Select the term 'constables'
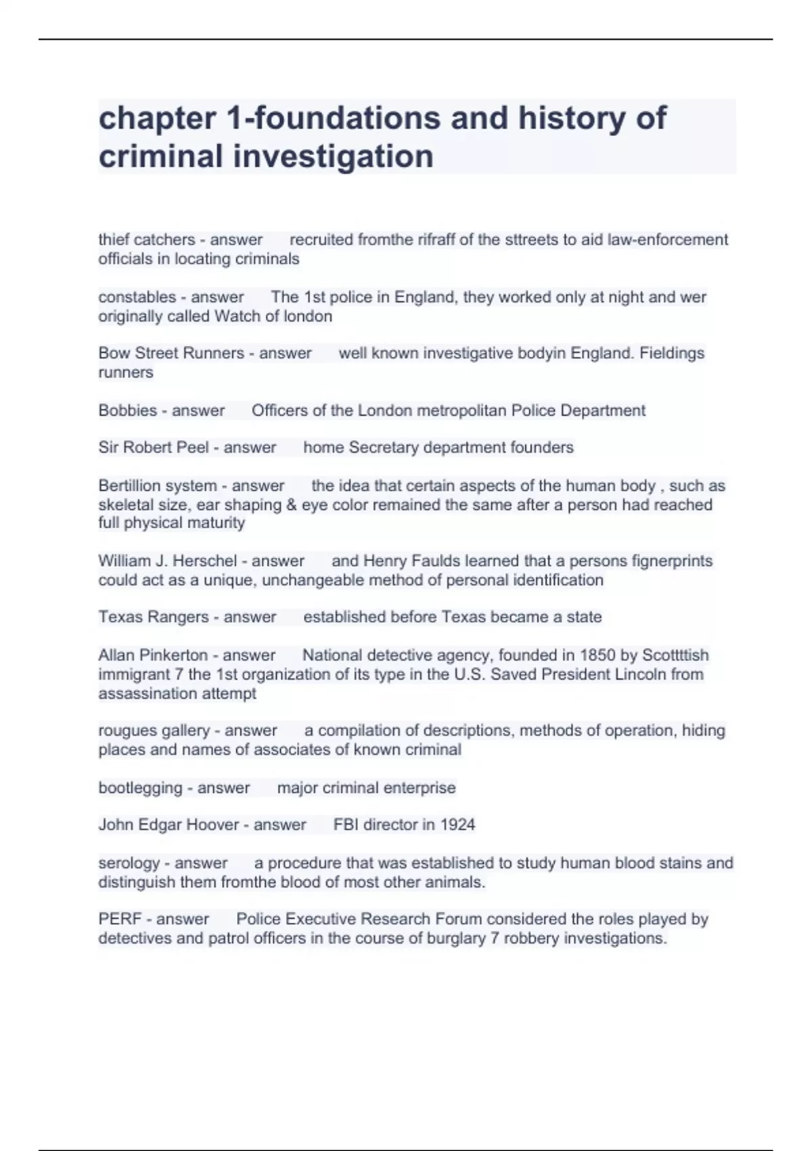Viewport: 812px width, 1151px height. [137, 297]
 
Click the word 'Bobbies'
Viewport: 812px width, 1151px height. [128, 410]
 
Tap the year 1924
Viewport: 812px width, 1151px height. [457, 825]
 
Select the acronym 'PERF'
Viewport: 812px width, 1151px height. [120, 919]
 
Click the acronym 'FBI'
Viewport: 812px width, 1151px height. [346, 825]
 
